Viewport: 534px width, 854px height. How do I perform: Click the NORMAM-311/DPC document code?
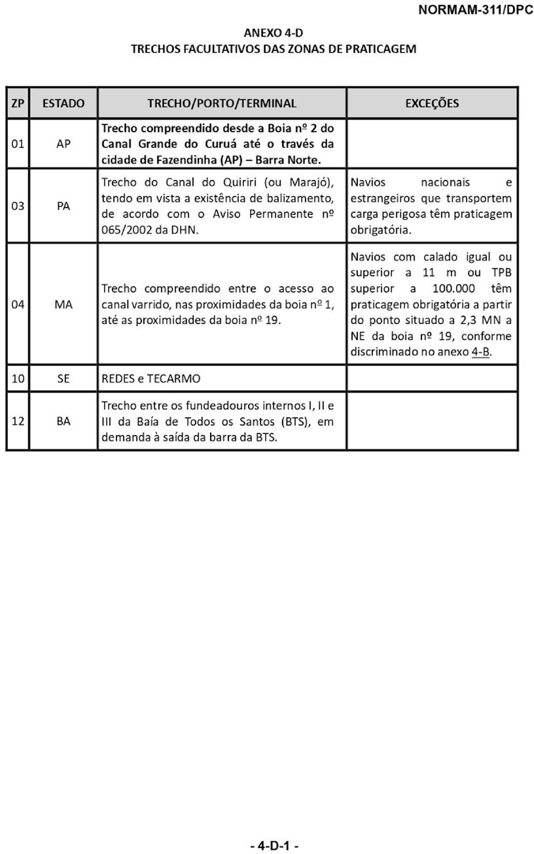[x=475, y=10]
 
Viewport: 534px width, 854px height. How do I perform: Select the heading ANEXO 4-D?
[x=273, y=33]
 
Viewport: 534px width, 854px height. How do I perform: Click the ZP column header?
[x=18, y=103]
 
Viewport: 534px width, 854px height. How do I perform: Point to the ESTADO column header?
[x=63, y=103]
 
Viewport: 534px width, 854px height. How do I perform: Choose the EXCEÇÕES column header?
[x=432, y=103]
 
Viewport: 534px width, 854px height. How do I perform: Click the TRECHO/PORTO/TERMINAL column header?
[x=222, y=103]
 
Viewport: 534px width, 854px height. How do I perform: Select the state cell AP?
[x=63, y=144]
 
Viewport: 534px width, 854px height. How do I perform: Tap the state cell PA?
[x=63, y=206]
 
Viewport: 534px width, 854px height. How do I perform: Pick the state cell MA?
[x=63, y=304]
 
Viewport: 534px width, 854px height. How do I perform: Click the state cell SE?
[x=63, y=378]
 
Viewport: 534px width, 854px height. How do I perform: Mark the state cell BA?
[x=63, y=421]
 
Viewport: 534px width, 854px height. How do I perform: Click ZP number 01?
[x=18, y=144]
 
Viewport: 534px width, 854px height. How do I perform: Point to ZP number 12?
[x=18, y=421]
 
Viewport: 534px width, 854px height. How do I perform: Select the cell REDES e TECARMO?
[x=151, y=378]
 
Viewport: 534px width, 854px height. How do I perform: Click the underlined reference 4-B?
[x=480, y=352]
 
